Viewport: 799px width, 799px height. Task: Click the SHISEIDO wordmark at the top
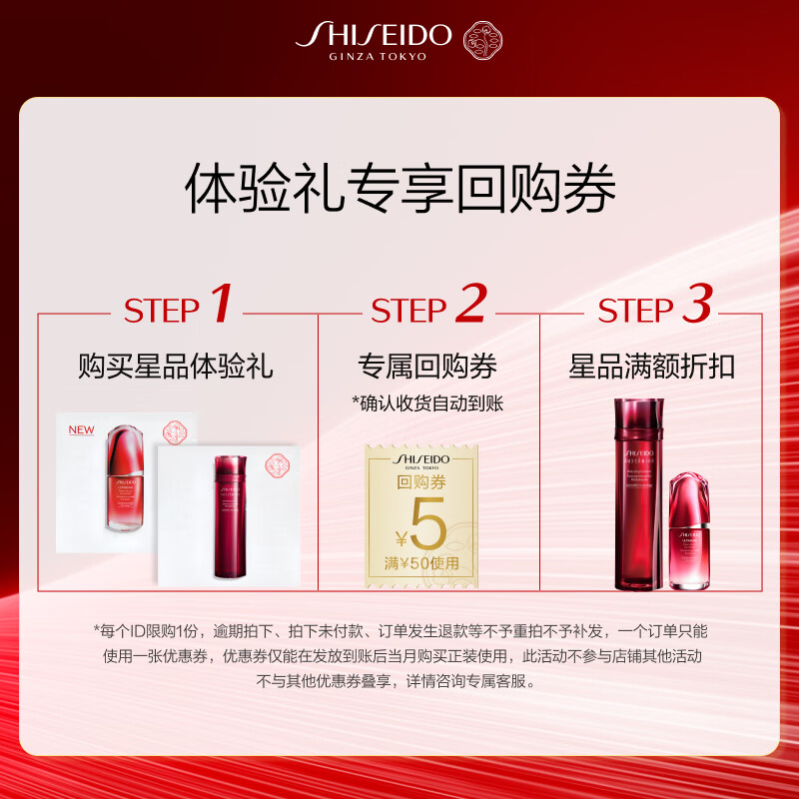point(375,34)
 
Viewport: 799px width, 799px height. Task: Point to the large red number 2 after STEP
point(469,305)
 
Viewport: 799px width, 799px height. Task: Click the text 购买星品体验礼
point(176,367)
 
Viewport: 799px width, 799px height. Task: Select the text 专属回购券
point(427,367)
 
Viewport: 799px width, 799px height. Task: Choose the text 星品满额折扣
point(651,367)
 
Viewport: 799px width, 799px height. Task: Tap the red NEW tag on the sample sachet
point(80,430)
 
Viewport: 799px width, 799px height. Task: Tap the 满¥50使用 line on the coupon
point(426,563)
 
